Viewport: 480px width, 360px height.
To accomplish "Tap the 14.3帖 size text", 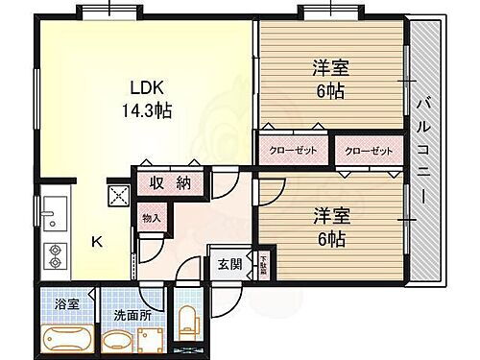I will pyautogui.click(x=146, y=110).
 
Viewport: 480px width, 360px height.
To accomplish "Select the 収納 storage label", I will pyautogui.click(x=170, y=183).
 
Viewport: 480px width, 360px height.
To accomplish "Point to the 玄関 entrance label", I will pyautogui.click(x=228, y=263).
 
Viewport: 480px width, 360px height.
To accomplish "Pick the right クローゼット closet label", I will pyautogui.click(x=368, y=151).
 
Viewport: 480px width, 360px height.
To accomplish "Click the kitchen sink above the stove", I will pyautogui.click(x=53, y=214).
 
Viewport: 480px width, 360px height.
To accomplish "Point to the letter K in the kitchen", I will pyautogui.click(x=97, y=242).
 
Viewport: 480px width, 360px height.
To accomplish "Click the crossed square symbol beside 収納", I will pyautogui.click(x=121, y=195).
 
